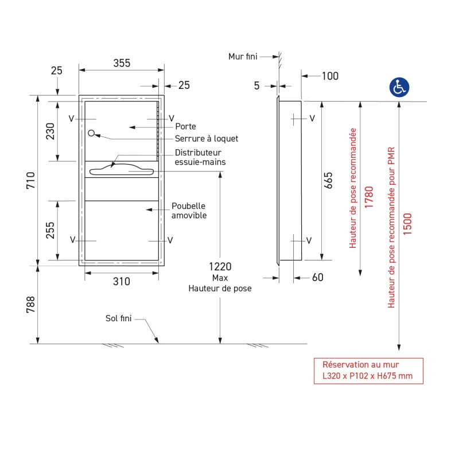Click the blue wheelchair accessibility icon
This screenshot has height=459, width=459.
(x=399, y=87)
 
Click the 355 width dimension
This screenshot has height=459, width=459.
(x=121, y=63)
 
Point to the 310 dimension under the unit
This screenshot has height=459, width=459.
(x=121, y=281)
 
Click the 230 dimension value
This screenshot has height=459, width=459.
(x=50, y=131)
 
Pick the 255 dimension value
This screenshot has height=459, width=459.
(x=50, y=231)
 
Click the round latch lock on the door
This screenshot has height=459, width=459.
(x=92, y=134)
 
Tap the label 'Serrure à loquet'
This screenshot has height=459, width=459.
(x=206, y=139)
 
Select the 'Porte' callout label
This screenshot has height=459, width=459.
(x=185, y=126)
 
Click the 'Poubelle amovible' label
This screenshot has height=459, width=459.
(x=189, y=211)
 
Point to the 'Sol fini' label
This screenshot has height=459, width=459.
(x=119, y=318)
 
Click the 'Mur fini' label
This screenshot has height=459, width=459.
(x=243, y=56)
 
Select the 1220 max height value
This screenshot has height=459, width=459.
(x=220, y=267)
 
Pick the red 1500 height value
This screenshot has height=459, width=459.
(x=408, y=223)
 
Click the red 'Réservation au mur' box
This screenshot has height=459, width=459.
(x=368, y=371)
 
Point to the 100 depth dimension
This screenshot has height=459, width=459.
(x=330, y=76)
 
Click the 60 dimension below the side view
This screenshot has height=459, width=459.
(x=318, y=278)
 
